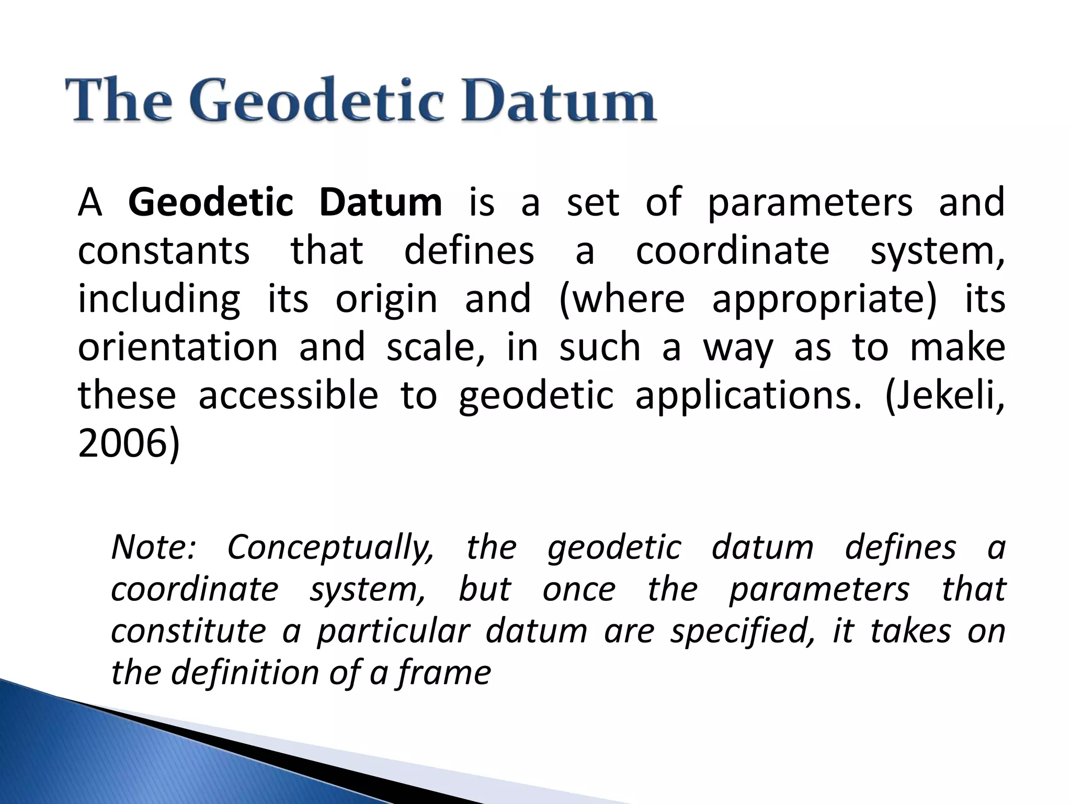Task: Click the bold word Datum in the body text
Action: point(380,203)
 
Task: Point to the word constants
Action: point(164,251)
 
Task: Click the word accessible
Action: point(288,396)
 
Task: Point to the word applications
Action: point(748,396)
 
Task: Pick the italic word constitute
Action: point(189,631)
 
